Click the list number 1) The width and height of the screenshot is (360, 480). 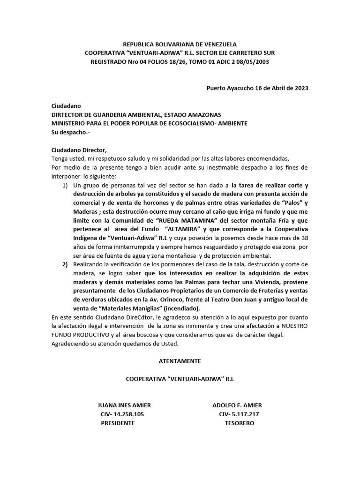(65, 186)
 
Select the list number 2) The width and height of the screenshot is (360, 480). (65, 265)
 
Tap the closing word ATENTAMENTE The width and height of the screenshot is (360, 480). (180, 361)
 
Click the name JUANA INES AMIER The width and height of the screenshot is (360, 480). (124, 405)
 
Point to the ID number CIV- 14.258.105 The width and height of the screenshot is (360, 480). (122, 414)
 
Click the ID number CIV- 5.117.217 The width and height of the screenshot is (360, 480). (239, 414)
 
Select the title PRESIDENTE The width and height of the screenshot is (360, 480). (118, 423)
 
